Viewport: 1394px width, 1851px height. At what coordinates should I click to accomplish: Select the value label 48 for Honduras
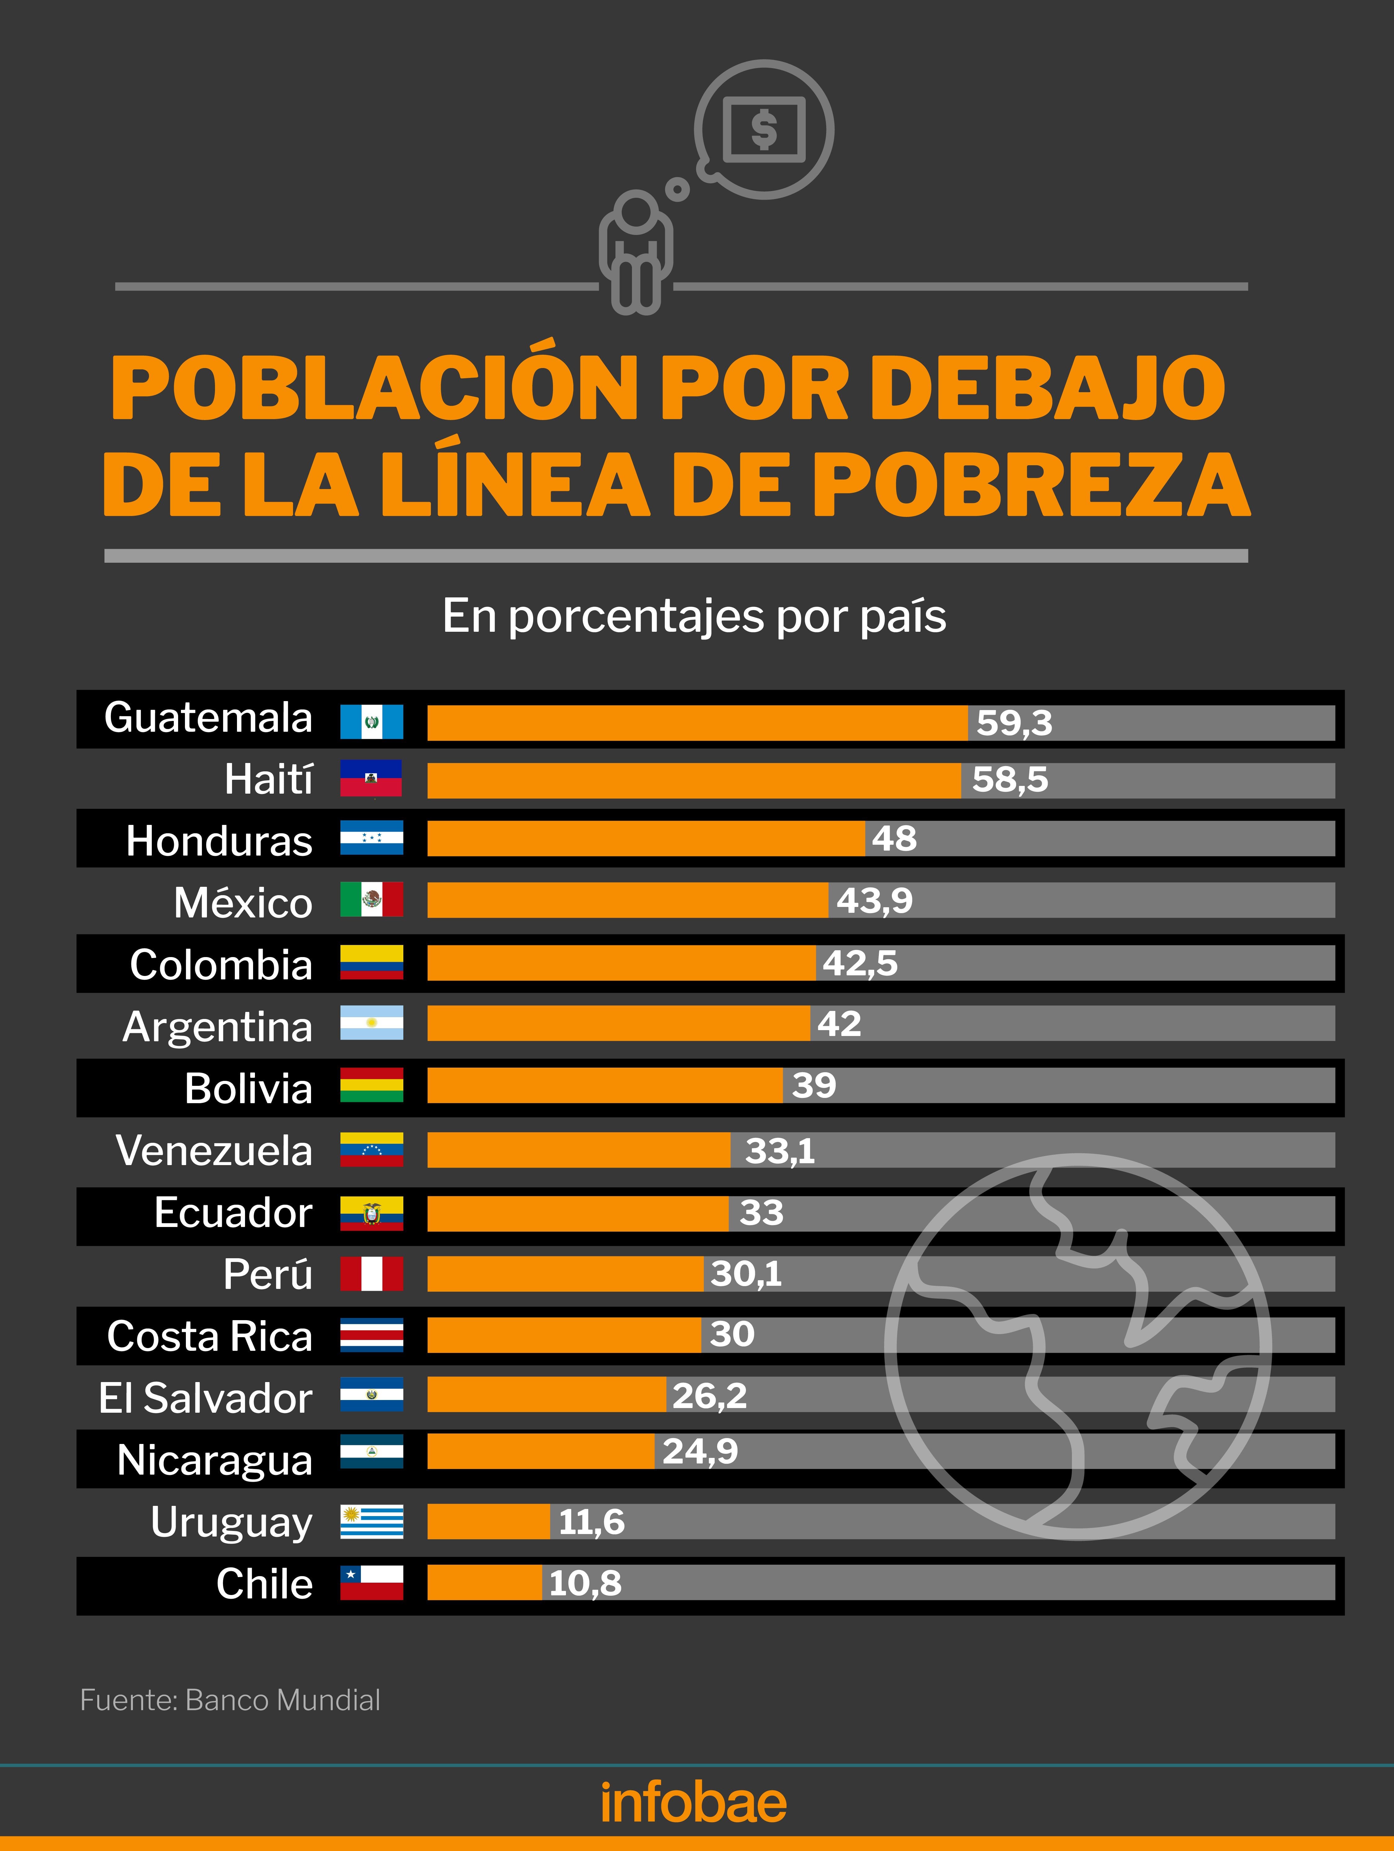pyautogui.click(x=894, y=839)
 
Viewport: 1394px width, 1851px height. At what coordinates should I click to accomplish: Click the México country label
pyautogui.click(x=243, y=902)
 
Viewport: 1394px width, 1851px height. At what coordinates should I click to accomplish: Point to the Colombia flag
pyautogui.click(x=371, y=962)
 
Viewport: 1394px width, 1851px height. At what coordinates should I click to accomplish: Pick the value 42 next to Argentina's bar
pyautogui.click(x=839, y=1023)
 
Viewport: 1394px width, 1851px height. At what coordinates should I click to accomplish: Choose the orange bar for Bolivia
pyautogui.click(x=604, y=1085)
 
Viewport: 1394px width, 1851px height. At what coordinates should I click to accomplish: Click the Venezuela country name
pyautogui.click(x=214, y=1150)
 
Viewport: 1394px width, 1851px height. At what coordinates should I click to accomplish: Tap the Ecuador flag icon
pyautogui.click(x=371, y=1212)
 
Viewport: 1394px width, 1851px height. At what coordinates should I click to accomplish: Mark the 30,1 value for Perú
pyautogui.click(x=745, y=1274)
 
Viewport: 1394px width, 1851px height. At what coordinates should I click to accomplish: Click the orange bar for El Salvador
pyautogui.click(x=546, y=1395)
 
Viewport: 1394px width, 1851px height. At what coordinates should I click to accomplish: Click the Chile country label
pyautogui.click(x=265, y=1583)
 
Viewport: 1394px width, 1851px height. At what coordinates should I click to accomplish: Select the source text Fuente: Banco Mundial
pyautogui.click(x=230, y=1700)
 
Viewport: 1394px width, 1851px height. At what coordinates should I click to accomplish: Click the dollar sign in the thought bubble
pyautogui.click(x=764, y=130)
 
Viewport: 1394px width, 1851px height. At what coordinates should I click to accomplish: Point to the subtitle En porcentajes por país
pyautogui.click(x=694, y=617)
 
